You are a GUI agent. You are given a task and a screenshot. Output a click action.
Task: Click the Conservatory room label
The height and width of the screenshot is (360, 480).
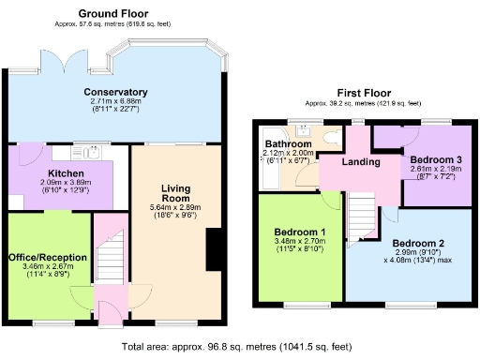click(x=115, y=91)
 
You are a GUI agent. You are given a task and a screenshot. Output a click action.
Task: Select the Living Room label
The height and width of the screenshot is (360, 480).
click(x=174, y=192)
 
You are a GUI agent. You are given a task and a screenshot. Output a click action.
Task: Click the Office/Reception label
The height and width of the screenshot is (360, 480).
click(x=47, y=257)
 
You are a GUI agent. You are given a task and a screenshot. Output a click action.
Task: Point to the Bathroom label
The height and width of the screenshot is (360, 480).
click(x=289, y=143)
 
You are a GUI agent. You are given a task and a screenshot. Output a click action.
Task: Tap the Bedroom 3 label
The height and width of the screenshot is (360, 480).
click(x=434, y=160)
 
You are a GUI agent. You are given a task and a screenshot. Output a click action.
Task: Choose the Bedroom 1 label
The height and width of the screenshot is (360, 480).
click(x=300, y=232)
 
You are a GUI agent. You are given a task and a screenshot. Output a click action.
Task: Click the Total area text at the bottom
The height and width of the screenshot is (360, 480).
click(x=239, y=346)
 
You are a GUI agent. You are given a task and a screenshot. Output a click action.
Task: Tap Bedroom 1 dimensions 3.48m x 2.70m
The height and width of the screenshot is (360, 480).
click(x=300, y=247)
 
